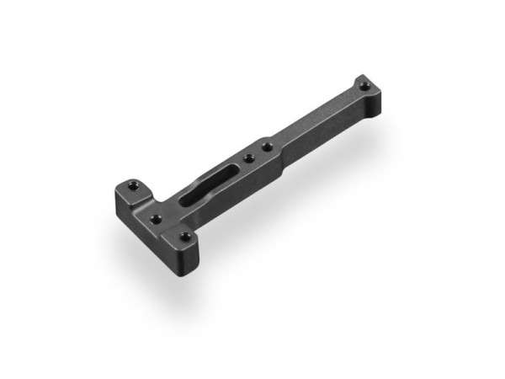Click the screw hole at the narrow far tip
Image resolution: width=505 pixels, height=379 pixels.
(364, 84)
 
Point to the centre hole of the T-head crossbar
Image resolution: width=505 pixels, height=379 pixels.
(157, 219)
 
